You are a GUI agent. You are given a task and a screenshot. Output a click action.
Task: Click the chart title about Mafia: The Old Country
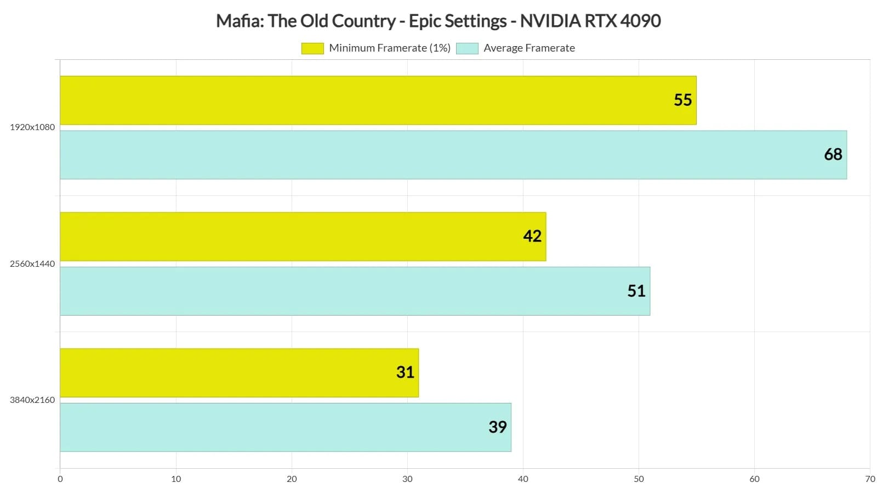point(438,21)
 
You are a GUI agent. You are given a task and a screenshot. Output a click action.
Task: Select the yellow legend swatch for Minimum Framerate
point(312,48)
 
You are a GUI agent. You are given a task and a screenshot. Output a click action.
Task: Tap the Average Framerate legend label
point(528,48)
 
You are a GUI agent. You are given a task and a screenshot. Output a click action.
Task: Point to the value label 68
point(833,155)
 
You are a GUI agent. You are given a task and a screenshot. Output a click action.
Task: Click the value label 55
point(682,100)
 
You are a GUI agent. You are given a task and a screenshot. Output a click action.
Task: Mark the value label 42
point(532,237)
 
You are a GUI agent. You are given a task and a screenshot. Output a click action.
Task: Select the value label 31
point(405,373)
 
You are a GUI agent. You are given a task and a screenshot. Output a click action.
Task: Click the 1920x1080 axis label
point(32,127)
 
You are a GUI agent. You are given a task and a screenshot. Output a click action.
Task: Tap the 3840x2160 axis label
point(32,400)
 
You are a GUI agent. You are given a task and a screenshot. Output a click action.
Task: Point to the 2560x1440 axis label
point(32,264)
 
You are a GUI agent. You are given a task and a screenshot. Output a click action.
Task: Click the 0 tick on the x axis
point(60,479)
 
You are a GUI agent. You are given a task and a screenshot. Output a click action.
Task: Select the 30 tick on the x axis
point(407,479)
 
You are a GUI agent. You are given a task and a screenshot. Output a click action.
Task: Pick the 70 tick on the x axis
point(870,479)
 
